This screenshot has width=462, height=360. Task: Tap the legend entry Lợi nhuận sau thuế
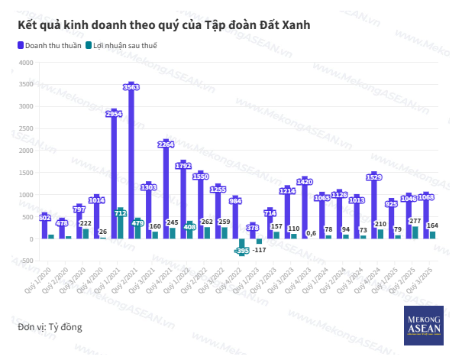125,46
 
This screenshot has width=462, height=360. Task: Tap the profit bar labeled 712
121,222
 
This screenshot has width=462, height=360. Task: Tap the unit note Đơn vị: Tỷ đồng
50,327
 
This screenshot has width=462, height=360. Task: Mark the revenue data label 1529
374,177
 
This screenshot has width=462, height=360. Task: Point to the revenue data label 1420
305,182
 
